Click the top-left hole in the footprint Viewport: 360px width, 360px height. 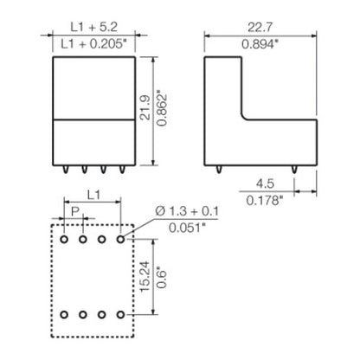[x=65, y=237]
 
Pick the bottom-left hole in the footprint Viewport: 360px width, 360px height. [x=65, y=313]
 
